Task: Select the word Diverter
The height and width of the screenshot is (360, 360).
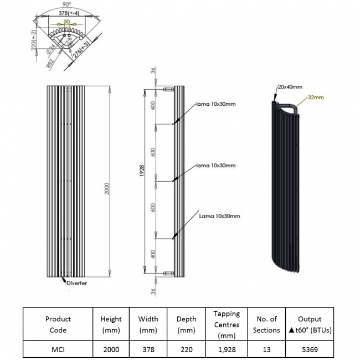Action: (x=78, y=283)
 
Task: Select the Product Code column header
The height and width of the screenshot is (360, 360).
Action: (x=58, y=325)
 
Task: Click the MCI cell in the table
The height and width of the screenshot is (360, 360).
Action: (x=58, y=351)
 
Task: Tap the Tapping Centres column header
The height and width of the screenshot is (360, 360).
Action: (x=226, y=325)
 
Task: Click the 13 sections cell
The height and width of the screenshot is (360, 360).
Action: (x=266, y=351)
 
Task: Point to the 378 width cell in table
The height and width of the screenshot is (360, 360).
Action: (x=148, y=351)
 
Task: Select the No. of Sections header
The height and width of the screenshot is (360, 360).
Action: (x=266, y=325)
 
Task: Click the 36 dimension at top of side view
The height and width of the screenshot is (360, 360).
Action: (x=153, y=71)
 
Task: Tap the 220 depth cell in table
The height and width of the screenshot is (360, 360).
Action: (x=186, y=351)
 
